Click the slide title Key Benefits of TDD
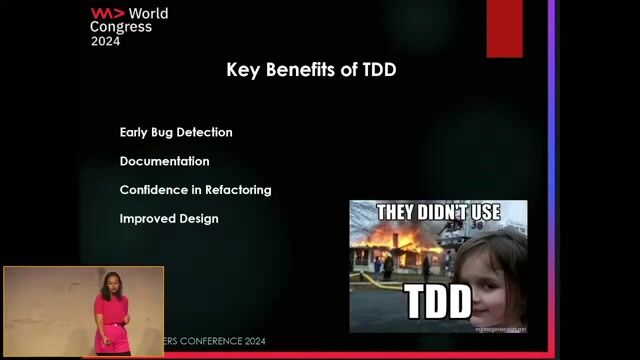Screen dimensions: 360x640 point(319,70)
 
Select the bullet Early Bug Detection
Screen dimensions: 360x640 point(176,132)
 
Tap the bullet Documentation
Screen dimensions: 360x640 point(164,161)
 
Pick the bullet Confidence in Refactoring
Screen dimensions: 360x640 point(195,190)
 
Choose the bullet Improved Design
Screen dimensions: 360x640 point(169,218)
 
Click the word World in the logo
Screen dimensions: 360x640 point(147,14)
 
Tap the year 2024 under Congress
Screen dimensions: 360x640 point(105,42)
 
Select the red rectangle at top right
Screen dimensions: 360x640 point(504,28)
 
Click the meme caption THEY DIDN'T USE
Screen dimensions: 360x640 point(437,212)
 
